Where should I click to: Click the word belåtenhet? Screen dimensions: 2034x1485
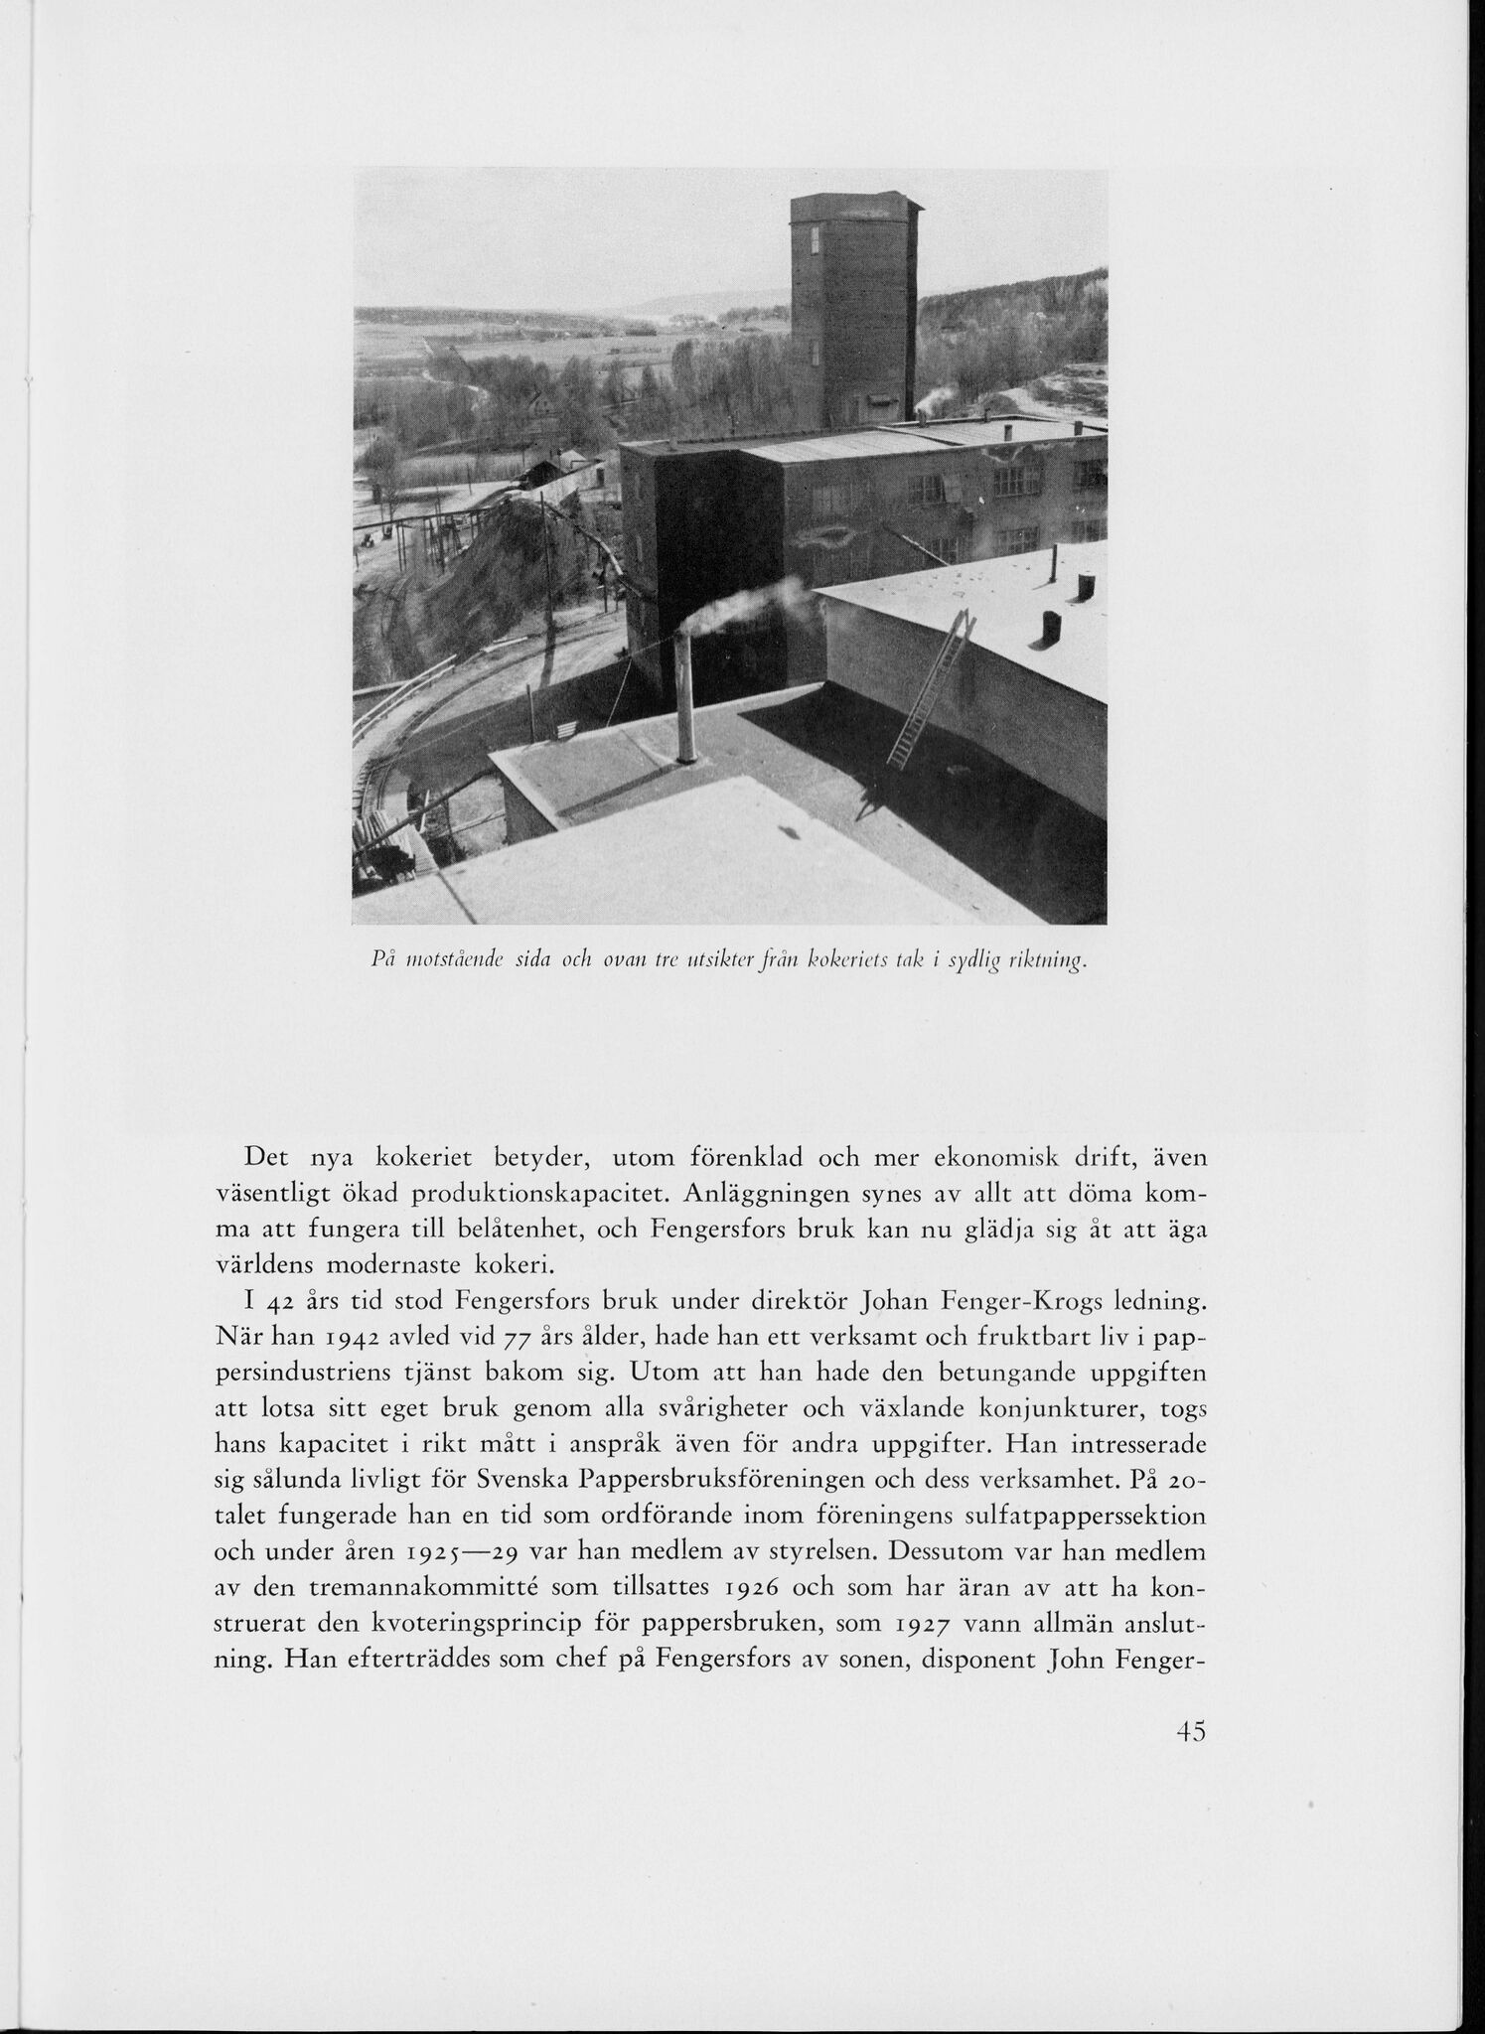pos(510,1231)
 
